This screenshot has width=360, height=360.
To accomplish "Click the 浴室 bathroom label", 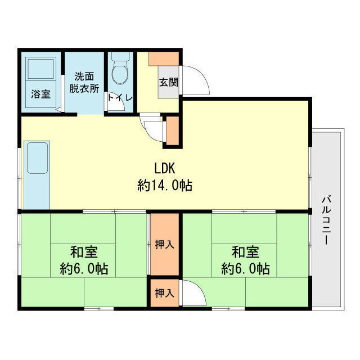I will pos(40,94).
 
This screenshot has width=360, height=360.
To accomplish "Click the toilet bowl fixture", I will pos(120,70).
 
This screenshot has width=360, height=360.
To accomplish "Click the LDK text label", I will pos(166,168).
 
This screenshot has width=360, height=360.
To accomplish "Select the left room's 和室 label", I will pos(84,251).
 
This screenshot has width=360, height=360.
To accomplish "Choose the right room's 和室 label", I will pos(245,251).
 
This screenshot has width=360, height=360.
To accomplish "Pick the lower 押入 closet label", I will pos(164,293).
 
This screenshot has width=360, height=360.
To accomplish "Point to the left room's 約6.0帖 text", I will pos(84,268).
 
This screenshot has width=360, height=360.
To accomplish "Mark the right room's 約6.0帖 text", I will pos(245,268).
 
